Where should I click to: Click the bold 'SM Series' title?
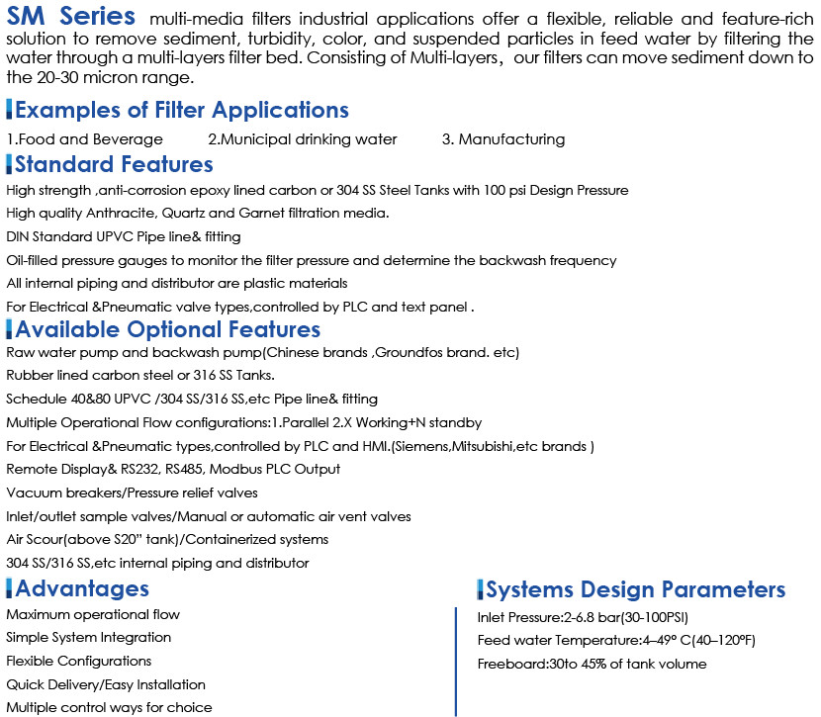(x=71, y=18)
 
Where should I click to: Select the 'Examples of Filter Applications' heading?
(x=181, y=110)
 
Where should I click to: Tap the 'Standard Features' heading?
(x=114, y=163)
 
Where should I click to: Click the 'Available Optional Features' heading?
(x=167, y=328)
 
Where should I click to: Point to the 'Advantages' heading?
(x=82, y=588)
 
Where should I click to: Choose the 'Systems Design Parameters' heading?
(x=636, y=590)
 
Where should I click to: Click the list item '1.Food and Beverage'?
(x=85, y=139)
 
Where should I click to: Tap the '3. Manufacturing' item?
(x=503, y=139)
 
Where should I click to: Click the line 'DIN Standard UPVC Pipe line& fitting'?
(x=124, y=236)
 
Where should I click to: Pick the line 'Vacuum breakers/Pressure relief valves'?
(x=133, y=493)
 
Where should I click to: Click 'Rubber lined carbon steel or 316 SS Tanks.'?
(x=140, y=376)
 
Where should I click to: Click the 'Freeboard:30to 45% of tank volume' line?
(x=592, y=664)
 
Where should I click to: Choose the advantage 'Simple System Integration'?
(x=89, y=638)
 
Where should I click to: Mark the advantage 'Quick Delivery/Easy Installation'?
(x=106, y=684)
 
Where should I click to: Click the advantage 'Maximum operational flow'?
(x=93, y=614)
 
